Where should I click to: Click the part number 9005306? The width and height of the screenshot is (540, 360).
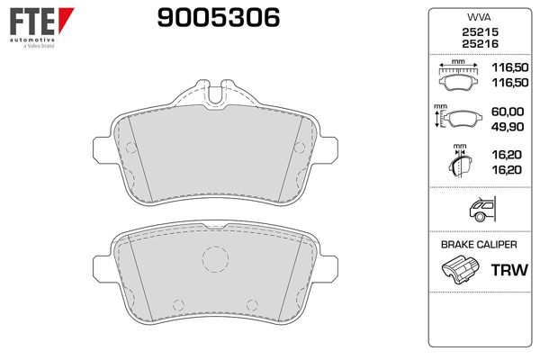[x=219, y=18]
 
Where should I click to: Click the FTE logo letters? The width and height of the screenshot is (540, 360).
[x=32, y=22]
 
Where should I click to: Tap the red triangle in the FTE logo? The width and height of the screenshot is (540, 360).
[x=66, y=20]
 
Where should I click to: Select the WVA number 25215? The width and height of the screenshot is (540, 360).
[x=480, y=32]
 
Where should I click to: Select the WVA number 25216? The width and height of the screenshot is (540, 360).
[x=480, y=44]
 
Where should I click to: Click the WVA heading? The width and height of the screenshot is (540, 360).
[x=479, y=17]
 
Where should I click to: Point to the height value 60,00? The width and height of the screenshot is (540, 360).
[x=508, y=112]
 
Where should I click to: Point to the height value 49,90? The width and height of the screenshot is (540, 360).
[x=508, y=127]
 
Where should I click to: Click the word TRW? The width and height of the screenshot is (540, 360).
[x=509, y=270]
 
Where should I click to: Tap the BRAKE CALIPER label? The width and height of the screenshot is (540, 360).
[x=479, y=245]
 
